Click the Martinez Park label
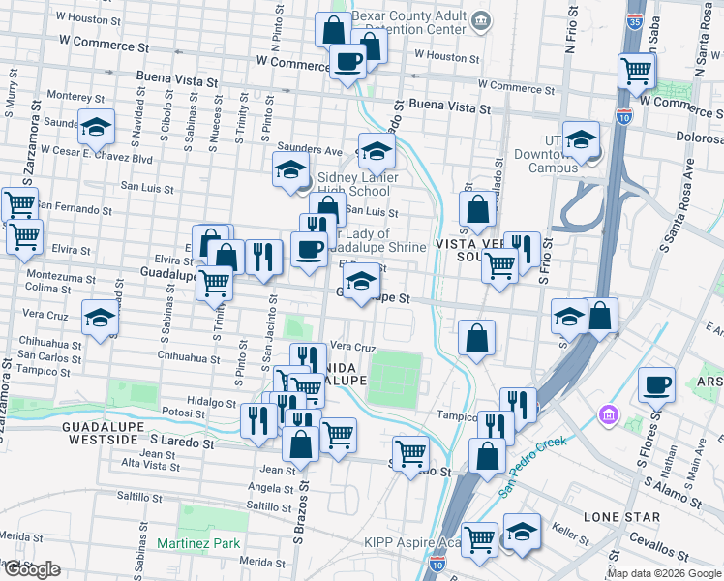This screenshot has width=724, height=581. tap(198, 543)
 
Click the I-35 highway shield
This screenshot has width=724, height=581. tap(635, 22)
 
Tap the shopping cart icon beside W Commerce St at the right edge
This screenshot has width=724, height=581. tap(637, 70)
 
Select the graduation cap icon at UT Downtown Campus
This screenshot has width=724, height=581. tap(581, 139)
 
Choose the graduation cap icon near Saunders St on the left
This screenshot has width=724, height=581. tap(97, 128)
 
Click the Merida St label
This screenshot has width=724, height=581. tap(263, 562)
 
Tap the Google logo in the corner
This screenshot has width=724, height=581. tap(32, 569)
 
